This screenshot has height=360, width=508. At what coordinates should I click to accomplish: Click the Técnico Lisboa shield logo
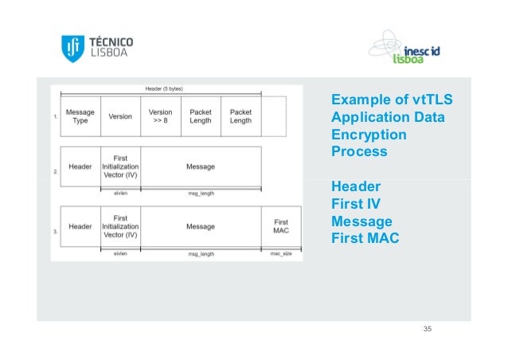72,47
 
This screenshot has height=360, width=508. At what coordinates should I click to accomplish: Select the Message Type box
80,116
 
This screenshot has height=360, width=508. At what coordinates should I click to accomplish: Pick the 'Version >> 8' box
161,116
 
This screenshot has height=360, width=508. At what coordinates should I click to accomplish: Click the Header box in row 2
80,166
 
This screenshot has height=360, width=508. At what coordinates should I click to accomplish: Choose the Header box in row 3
80,226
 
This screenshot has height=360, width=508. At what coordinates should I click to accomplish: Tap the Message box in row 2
201,166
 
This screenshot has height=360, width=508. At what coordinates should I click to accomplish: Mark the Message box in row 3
201,226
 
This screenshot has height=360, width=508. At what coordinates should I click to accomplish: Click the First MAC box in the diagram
281,226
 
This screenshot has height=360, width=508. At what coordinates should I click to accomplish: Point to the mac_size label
281,254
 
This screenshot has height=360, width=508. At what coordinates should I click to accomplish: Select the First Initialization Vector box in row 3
120,226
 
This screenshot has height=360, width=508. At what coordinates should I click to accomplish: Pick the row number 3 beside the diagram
55,232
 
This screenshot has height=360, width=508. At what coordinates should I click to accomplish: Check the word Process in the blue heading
359,152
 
